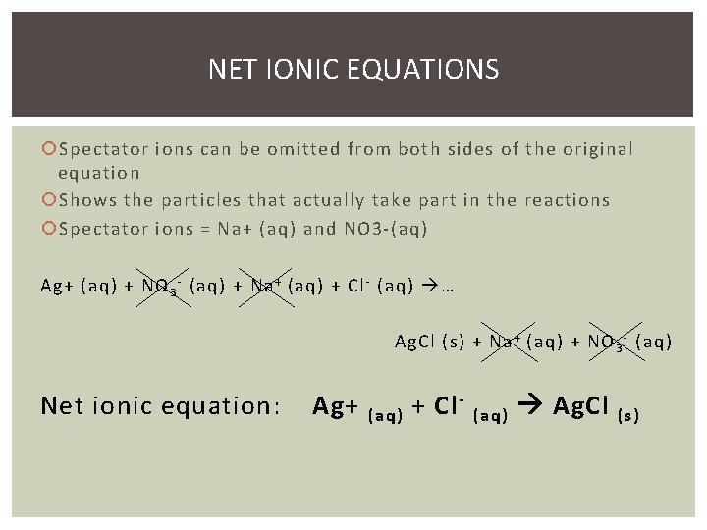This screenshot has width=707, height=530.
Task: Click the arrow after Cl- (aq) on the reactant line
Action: (x=429, y=288)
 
